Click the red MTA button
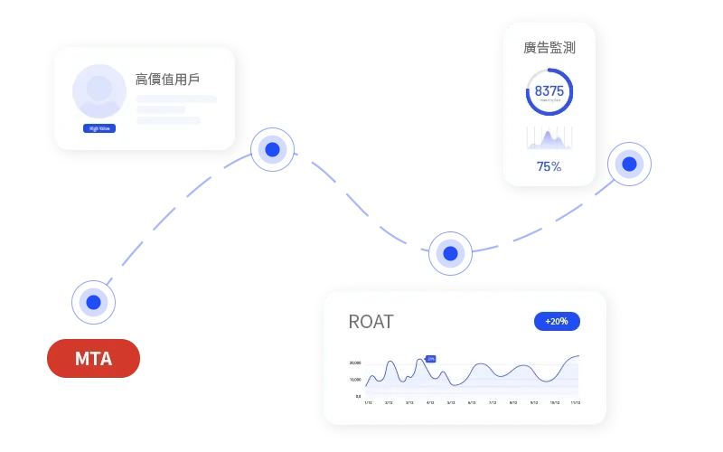point(94,358)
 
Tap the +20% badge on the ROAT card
point(557,321)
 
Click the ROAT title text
point(371,322)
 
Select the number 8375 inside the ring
point(549,90)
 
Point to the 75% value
point(549,166)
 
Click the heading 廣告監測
point(549,47)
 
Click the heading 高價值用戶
point(167,79)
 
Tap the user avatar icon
point(99,89)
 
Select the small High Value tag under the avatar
point(99,128)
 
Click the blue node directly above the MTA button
point(93,301)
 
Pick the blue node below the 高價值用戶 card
point(272,149)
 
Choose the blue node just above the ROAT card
point(450,253)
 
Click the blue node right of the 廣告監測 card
point(630,164)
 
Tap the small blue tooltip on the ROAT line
point(431,359)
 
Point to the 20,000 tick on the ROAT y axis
point(355,363)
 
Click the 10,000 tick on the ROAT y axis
point(355,380)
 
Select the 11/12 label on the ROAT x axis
point(574,403)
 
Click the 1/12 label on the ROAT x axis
point(368,403)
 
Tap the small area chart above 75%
point(549,138)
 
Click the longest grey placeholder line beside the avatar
point(176,99)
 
